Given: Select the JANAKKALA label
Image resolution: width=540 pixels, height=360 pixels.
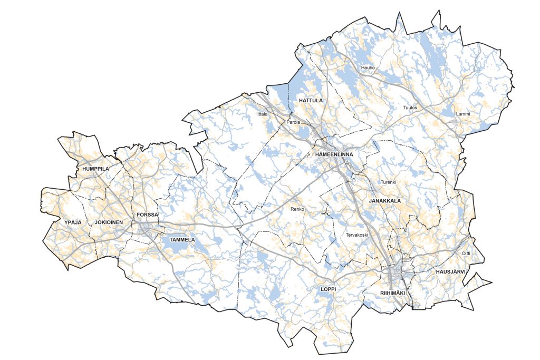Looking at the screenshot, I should click(x=385, y=201).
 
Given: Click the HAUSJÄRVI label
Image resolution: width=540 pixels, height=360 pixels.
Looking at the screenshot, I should click(x=450, y=271).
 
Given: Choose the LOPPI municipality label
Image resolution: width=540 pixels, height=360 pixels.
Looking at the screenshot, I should click(x=328, y=289).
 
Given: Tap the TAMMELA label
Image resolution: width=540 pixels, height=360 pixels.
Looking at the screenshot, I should click(x=182, y=240).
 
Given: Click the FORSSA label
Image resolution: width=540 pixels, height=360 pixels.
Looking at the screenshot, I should click(x=147, y=215).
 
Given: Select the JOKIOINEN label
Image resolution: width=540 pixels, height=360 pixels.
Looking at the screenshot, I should click(x=109, y=222).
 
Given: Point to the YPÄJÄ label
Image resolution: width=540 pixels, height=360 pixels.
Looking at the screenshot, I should click(x=73, y=222).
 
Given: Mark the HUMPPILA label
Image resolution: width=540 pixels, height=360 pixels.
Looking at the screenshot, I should click(x=95, y=169).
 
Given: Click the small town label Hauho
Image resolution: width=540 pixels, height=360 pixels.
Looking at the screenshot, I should click(x=368, y=68).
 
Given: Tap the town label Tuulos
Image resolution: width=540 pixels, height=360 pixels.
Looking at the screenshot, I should click(x=410, y=108).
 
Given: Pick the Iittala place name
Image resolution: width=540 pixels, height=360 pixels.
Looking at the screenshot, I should click(x=262, y=113).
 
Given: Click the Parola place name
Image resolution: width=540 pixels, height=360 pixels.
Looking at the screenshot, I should click(x=293, y=122).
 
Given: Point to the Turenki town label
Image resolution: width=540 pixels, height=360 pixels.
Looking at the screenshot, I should click(x=388, y=182).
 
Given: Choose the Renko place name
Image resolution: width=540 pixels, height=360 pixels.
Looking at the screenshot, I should click(x=298, y=209).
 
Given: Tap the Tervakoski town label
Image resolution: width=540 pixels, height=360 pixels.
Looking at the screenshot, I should click(x=356, y=235).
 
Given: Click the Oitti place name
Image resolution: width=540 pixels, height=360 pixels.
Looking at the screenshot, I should click(x=466, y=254).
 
